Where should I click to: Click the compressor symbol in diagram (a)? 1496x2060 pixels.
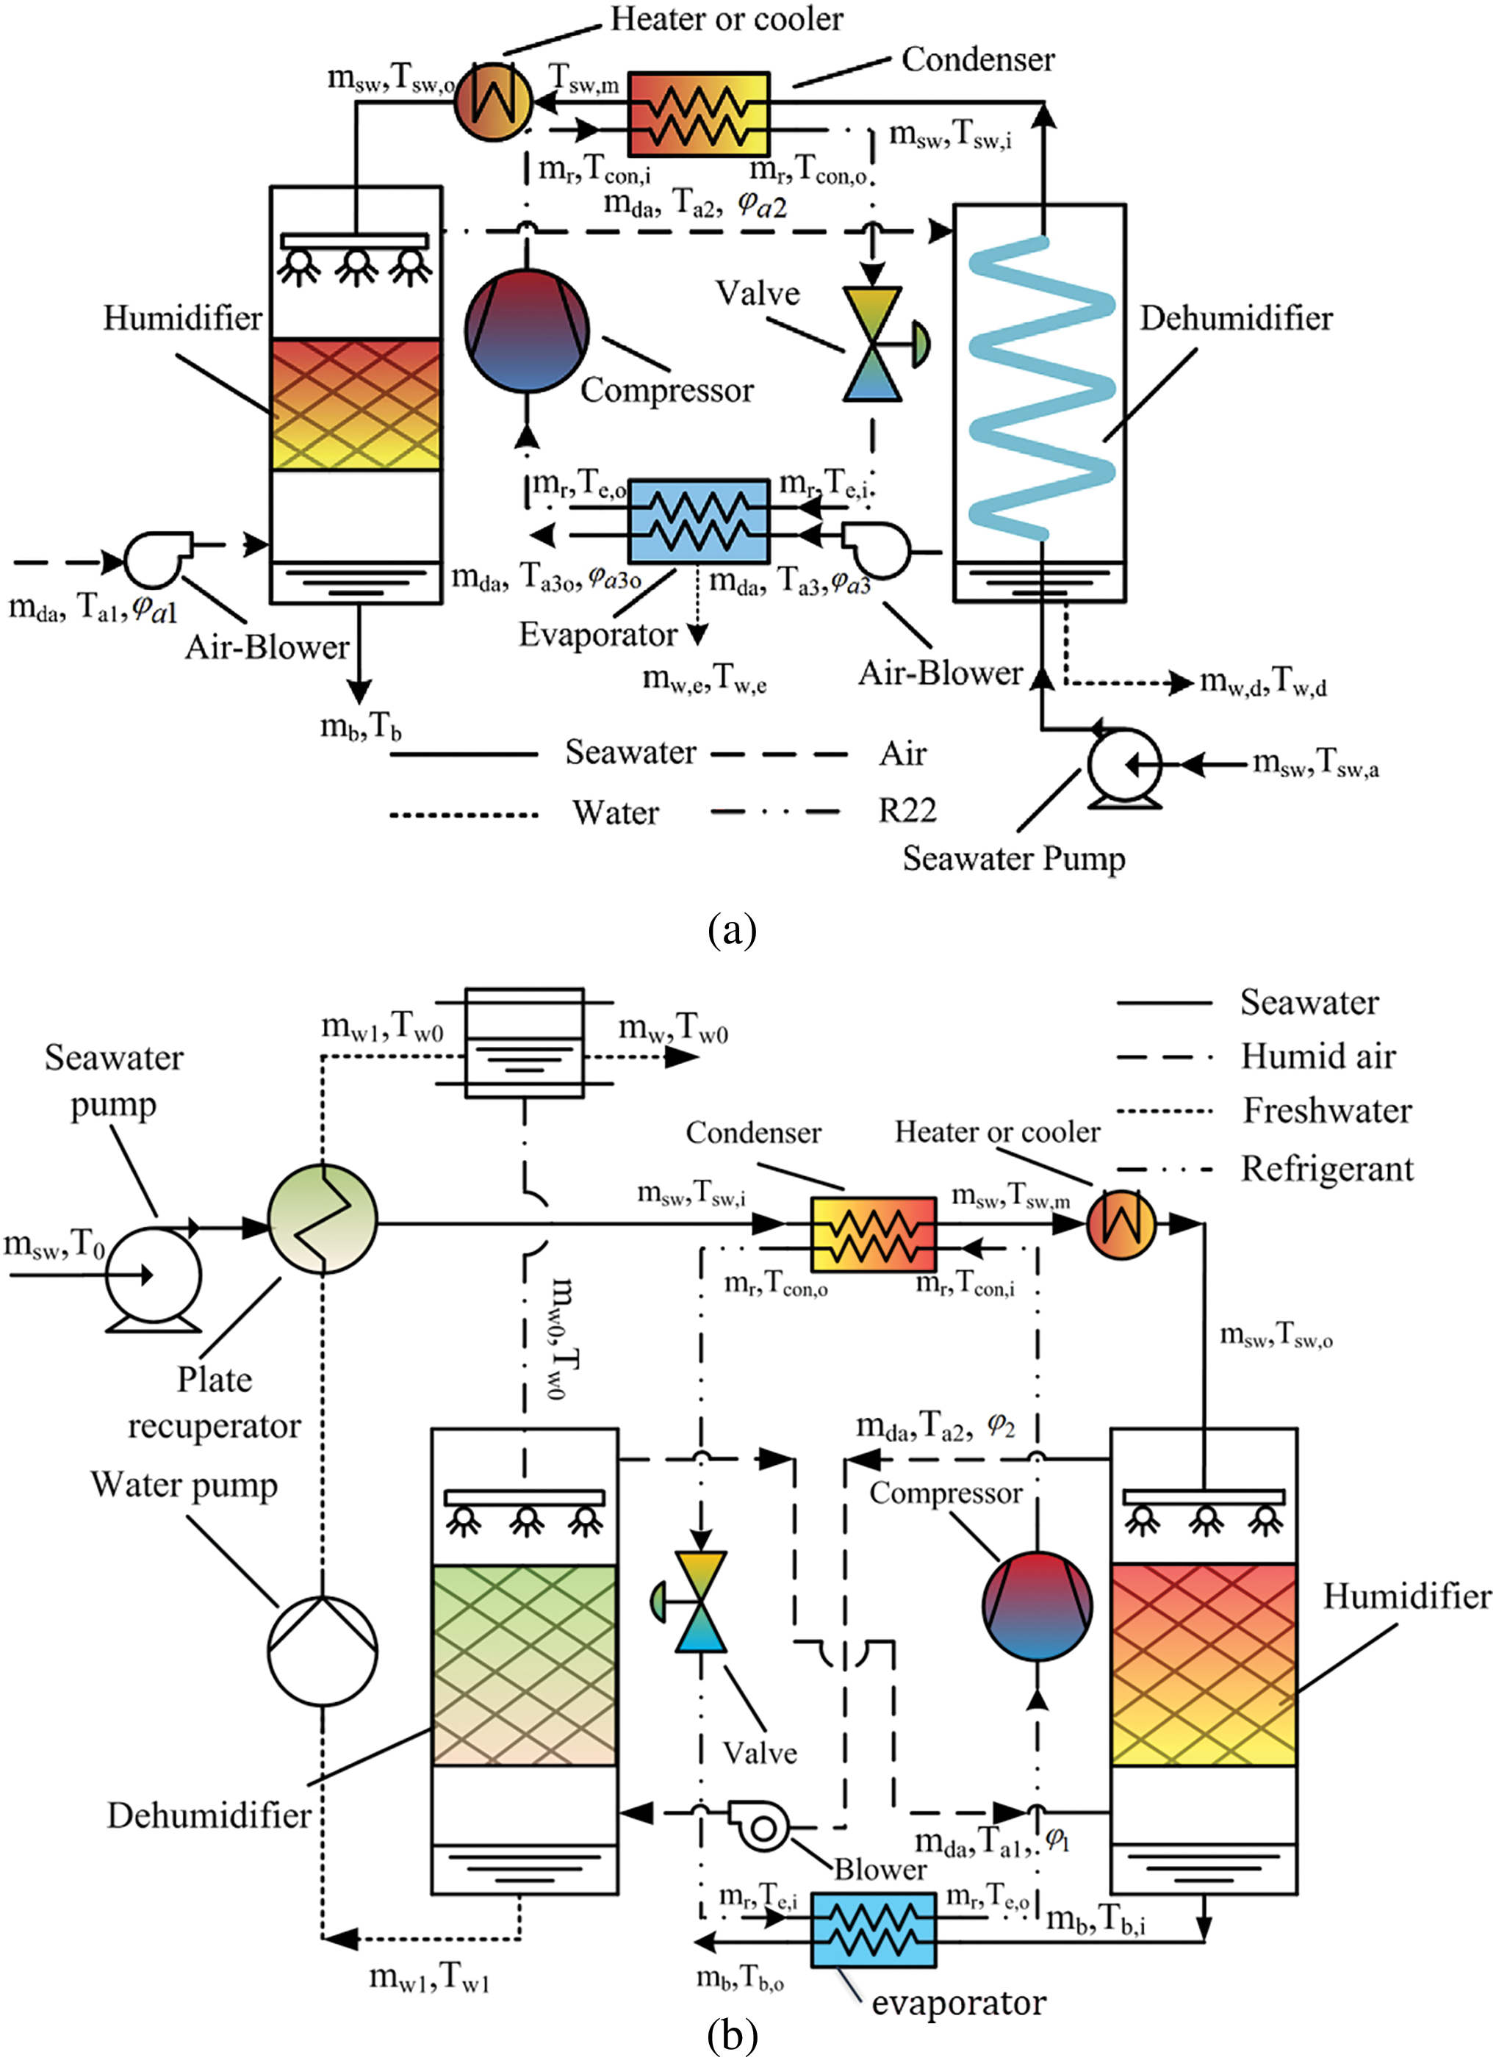527,331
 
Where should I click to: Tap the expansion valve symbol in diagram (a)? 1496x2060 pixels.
873,345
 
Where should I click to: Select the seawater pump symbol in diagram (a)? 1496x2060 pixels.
1124,765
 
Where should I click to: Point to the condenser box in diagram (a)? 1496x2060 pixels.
700,115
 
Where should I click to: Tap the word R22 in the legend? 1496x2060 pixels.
907,810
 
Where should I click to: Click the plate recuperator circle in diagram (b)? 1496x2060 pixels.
322,1219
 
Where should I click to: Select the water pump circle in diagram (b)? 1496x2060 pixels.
323,1649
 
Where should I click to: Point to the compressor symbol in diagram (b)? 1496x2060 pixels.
1038,1605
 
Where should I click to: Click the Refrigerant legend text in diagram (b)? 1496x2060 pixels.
1327,1169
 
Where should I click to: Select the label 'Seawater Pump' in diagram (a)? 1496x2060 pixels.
1013,858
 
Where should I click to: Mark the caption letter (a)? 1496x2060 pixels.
731,930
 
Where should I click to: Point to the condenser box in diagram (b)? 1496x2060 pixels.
873,1234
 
